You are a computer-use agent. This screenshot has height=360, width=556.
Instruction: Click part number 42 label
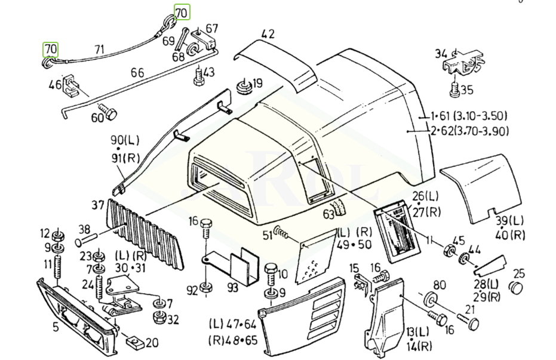268,34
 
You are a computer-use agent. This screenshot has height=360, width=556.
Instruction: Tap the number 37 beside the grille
98,206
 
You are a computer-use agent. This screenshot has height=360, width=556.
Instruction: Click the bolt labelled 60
107,111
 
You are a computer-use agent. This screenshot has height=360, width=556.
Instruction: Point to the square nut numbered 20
134,343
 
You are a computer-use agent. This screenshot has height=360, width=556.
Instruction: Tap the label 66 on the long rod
137,73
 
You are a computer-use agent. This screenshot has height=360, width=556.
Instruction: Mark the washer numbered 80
429,299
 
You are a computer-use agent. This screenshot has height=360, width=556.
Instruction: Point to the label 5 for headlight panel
56,327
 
